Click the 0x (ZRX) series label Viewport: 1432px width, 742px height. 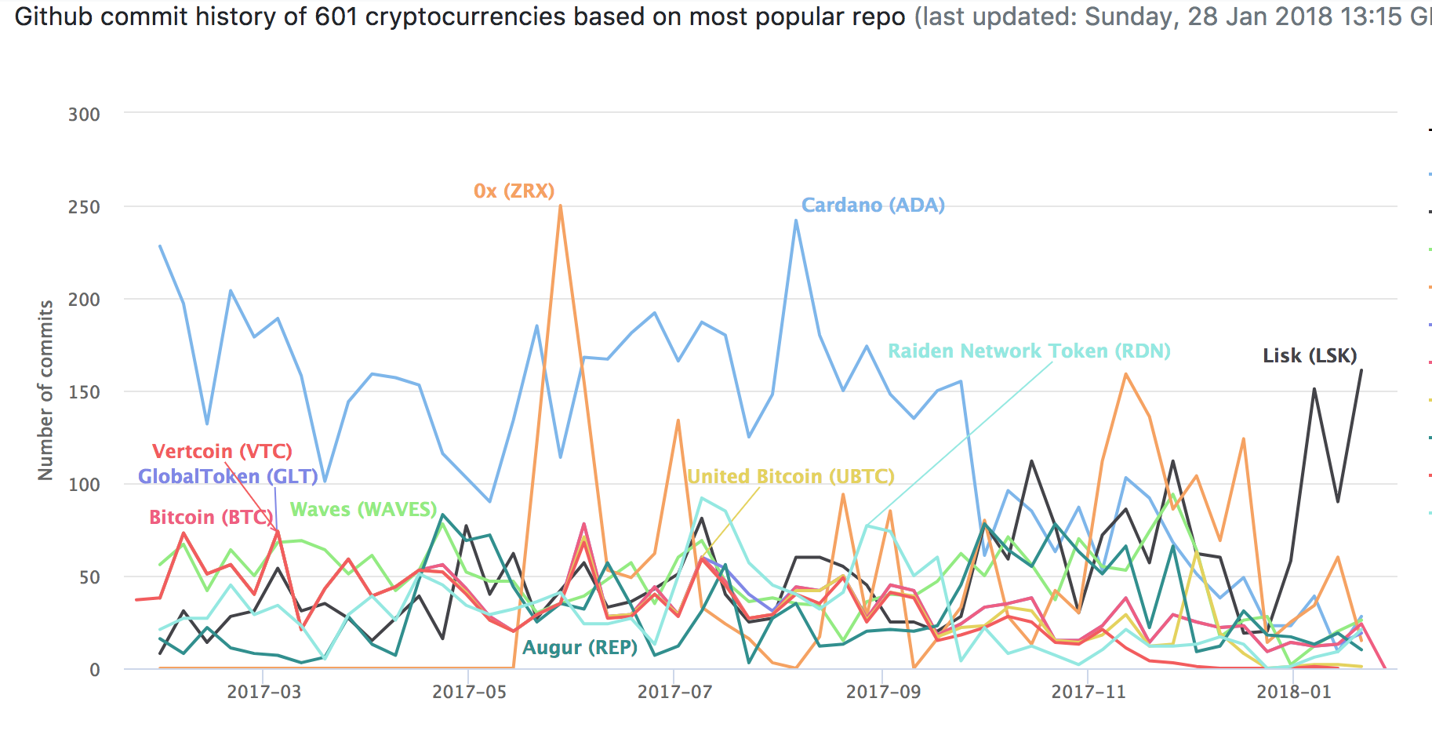pyautogui.click(x=514, y=191)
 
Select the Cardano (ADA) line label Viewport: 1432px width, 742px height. pyautogui.click(x=873, y=205)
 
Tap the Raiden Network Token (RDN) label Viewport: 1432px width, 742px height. pyautogui.click(x=1029, y=351)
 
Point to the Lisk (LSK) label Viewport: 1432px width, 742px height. pyautogui.click(x=1310, y=355)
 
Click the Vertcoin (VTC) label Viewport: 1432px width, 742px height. pyautogui.click(x=222, y=451)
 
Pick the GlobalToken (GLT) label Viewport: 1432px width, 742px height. pyautogui.click(x=227, y=476)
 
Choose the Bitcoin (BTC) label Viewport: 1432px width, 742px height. pyautogui.click(x=211, y=517)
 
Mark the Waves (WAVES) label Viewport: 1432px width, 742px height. pyautogui.click(x=363, y=509)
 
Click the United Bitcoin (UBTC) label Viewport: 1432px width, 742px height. pyautogui.click(x=791, y=476)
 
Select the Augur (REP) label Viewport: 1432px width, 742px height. pyautogui.click(x=580, y=647)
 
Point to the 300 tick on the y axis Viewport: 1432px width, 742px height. pyautogui.click(x=84, y=115)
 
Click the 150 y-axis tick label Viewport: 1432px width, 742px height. pyautogui.click(x=84, y=392)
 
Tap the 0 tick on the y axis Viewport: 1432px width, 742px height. pyautogui.click(x=95, y=670)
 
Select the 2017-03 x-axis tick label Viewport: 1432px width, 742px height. pyautogui.click(x=264, y=692)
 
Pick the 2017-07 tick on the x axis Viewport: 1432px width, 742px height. pyautogui.click(x=674, y=692)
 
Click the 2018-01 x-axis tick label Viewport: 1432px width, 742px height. pyautogui.click(x=1293, y=692)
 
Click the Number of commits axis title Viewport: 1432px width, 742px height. pyautogui.click(x=46, y=390)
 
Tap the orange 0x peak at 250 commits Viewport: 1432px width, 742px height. pyautogui.click(x=560, y=206)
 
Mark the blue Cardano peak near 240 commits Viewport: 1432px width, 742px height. pyautogui.click(x=796, y=221)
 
